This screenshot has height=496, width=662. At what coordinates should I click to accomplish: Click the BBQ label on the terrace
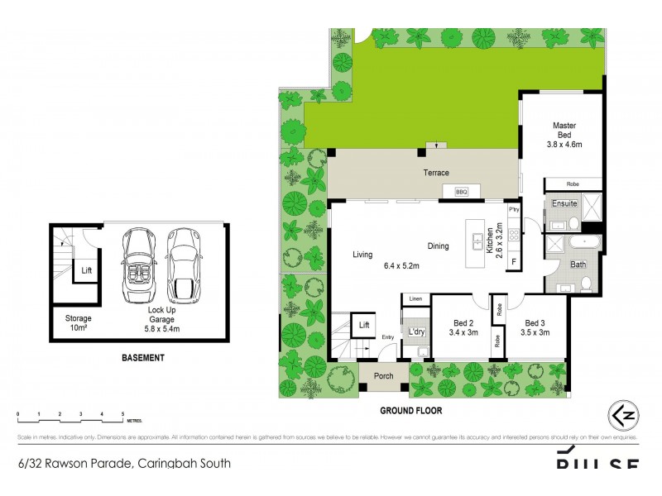[462, 192]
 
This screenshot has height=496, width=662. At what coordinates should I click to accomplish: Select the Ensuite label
[565, 203]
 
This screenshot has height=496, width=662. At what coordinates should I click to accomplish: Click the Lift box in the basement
[86, 269]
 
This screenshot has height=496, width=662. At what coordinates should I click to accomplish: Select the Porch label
[383, 376]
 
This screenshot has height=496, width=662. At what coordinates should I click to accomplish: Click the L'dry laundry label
[416, 332]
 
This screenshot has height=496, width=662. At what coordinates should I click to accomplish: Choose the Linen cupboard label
[415, 298]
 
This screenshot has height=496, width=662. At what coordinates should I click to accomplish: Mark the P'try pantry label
[513, 210]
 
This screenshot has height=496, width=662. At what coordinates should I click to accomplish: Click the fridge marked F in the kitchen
[513, 263]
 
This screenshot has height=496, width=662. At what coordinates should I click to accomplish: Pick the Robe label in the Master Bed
[573, 184]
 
